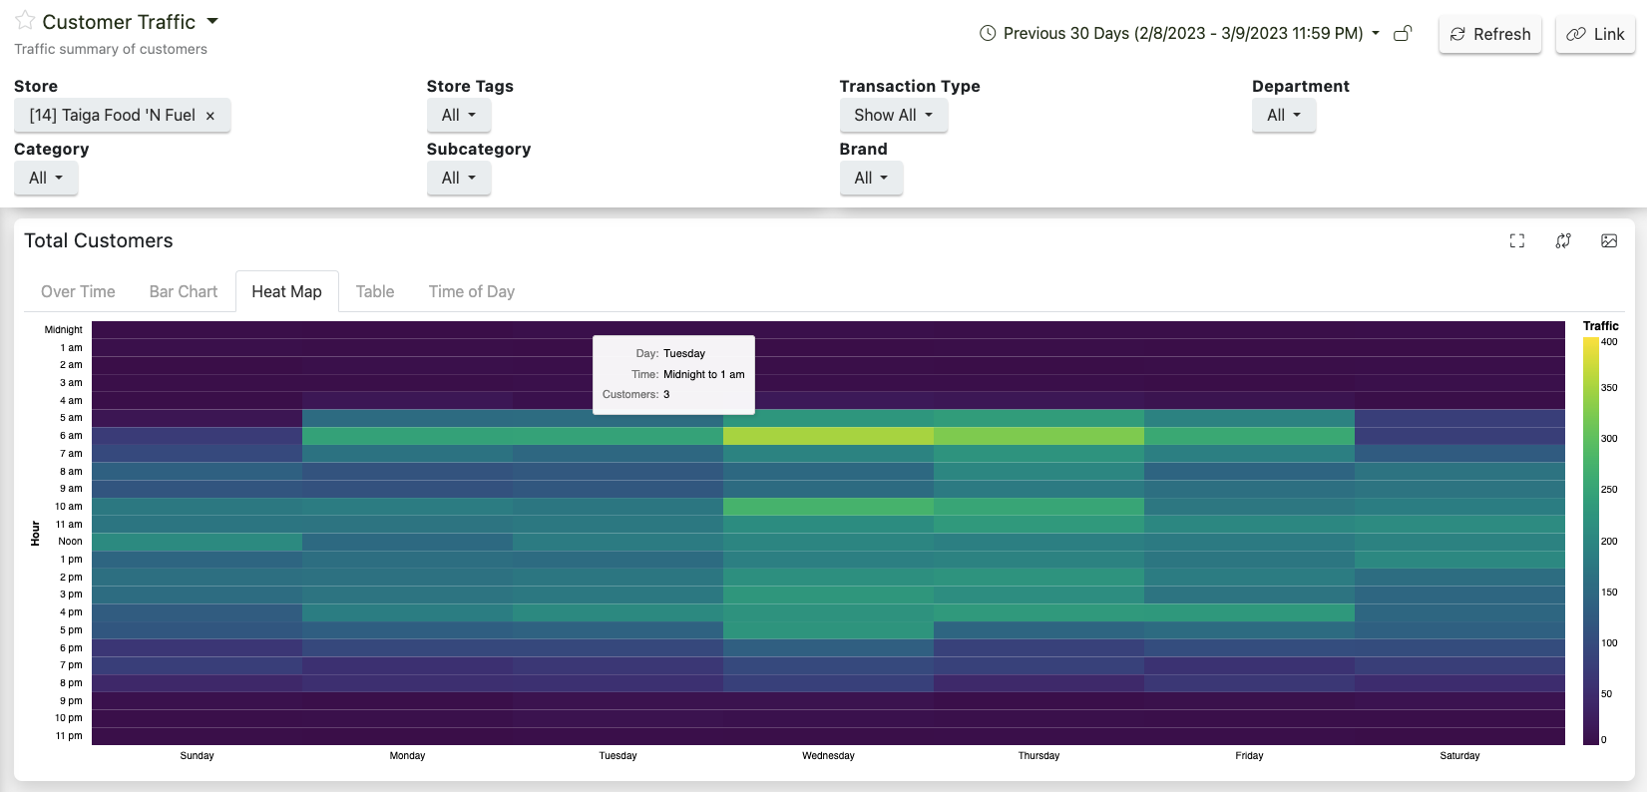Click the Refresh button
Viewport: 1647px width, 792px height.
click(1490, 34)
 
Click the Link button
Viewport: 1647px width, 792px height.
click(1595, 34)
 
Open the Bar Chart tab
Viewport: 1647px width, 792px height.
click(183, 291)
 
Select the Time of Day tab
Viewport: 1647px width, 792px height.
click(471, 291)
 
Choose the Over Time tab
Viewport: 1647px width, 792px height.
click(78, 291)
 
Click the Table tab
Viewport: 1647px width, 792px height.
click(375, 291)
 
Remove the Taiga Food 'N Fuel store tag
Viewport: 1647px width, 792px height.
click(210, 116)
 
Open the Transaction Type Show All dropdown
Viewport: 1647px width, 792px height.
click(893, 115)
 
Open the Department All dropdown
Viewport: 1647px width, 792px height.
click(1283, 115)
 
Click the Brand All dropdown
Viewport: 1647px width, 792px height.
click(870, 178)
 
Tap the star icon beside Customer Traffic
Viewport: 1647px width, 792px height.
click(25, 21)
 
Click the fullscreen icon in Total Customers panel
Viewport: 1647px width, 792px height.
click(1516, 240)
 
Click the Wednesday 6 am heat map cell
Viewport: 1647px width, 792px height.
click(828, 436)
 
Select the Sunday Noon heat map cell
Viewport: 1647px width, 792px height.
click(197, 542)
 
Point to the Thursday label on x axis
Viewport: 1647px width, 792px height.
click(1038, 756)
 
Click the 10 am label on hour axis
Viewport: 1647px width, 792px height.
click(69, 507)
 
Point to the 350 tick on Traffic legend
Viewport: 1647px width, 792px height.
click(1609, 388)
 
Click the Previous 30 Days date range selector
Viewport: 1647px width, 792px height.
click(1183, 34)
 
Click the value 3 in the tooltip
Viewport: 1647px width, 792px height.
click(666, 395)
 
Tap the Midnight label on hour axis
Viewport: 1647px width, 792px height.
click(63, 330)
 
